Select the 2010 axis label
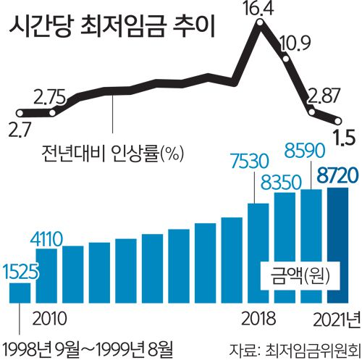pos(51,317)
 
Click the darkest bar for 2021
pos(338,246)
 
